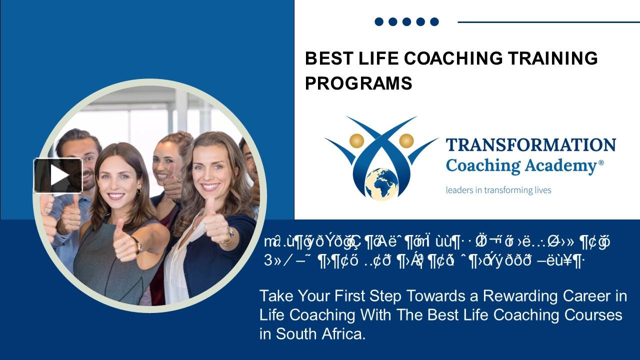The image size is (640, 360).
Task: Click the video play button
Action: click(58, 175)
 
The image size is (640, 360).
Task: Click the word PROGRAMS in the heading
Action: click(358, 83)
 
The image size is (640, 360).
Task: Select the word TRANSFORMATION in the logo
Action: click(530, 145)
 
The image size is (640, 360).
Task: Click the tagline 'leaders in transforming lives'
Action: click(498, 190)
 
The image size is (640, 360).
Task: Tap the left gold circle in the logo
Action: click(356, 141)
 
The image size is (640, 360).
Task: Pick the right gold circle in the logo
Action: click(406, 141)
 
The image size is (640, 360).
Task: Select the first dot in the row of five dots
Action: click(379, 21)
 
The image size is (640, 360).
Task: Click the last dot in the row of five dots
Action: click(434, 21)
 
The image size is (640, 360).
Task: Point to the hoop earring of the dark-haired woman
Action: click(138, 191)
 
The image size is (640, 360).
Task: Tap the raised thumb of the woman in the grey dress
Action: click(119, 229)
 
